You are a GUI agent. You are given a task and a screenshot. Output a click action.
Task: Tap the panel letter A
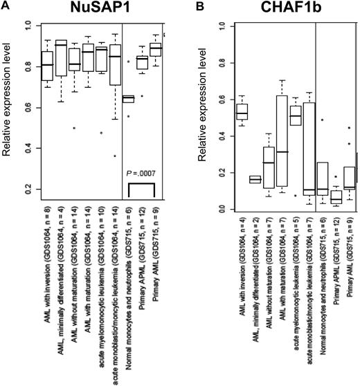(x=5, y=6)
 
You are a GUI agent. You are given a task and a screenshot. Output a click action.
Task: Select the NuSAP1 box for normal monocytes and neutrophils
(x=128, y=98)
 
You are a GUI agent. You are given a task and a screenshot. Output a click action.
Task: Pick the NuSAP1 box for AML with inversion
(x=47, y=66)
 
